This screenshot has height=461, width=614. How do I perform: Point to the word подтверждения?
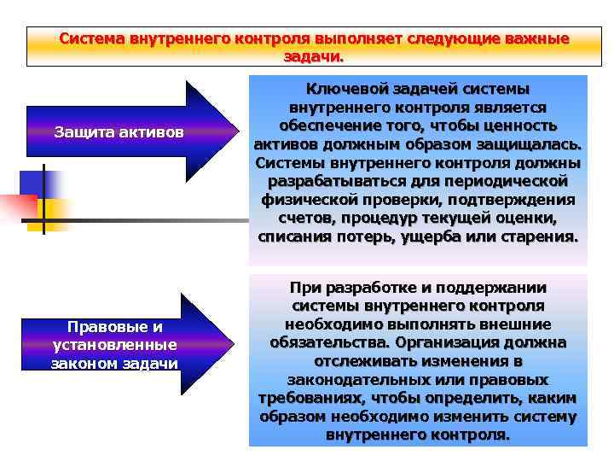pos(521,199)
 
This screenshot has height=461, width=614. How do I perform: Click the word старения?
pos(537,236)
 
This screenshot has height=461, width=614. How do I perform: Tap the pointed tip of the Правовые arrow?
pos(235,346)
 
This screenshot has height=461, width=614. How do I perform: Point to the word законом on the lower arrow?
pos(85,364)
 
